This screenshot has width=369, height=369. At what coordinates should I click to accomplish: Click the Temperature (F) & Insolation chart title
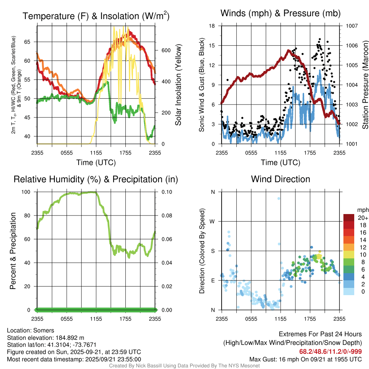click(x=96, y=16)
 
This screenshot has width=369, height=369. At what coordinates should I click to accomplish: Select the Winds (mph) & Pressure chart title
click(x=280, y=13)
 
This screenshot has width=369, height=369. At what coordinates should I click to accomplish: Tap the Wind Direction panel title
click(x=280, y=179)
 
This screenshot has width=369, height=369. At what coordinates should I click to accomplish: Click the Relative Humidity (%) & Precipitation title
click(x=96, y=179)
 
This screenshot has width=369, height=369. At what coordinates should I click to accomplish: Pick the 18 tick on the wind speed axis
click(x=212, y=26)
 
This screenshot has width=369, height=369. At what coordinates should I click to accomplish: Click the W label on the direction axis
click(x=213, y=221)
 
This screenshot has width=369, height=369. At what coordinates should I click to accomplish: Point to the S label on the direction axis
click(x=213, y=251)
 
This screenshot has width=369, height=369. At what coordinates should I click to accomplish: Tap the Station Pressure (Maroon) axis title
click(x=365, y=85)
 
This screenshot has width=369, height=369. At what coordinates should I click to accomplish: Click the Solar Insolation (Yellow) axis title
click(x=178, y=85)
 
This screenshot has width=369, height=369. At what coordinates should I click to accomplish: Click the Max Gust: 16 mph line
click(x=306, y=359)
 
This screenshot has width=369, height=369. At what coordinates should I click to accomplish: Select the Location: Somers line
click(x=30, y=330)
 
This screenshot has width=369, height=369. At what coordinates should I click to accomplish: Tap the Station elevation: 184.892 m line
click(x=45, y=338)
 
